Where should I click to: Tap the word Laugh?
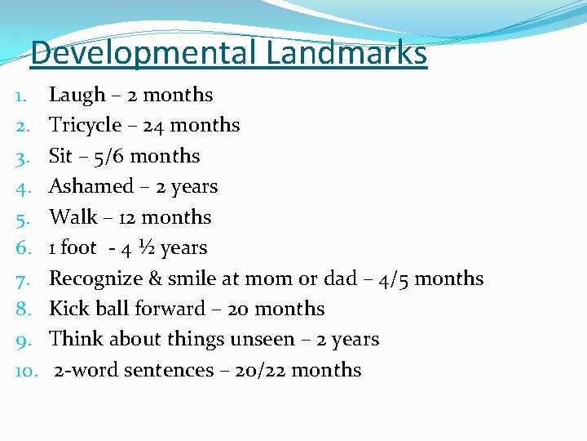click(x=77, y=96)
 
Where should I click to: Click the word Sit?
click(x=61, y=156)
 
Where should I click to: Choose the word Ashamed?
click(x=90, y=186)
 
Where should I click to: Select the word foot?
click(x=78, y=247)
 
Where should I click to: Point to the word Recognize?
click(x=95, y=278)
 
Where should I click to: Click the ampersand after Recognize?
click(x=156, y=278)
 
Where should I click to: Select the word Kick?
click(x=68, y=309)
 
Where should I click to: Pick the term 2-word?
click(x=82, y=370)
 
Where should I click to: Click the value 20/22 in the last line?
click(x=260, y=370)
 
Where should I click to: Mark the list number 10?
click(x=24, y=371)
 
